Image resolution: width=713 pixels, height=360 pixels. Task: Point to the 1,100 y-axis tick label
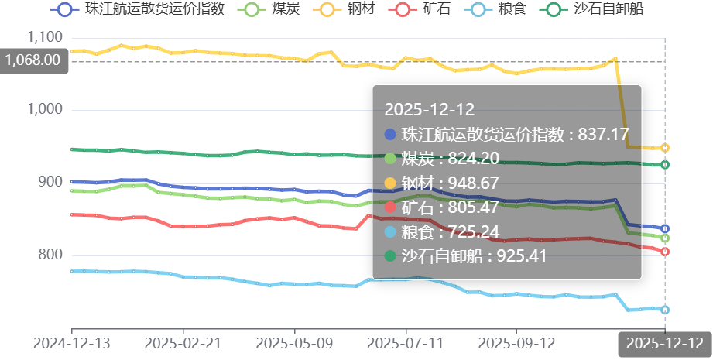tap(44, 37)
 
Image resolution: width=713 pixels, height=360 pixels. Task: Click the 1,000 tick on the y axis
tap(44, 110)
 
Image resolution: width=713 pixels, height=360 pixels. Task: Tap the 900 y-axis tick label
tap(50, 183)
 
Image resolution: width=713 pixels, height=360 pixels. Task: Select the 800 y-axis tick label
tap(50, 255)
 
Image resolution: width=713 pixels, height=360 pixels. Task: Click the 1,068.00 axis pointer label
tap(33, 61)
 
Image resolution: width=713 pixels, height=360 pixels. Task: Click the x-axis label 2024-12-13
tap(72, 342)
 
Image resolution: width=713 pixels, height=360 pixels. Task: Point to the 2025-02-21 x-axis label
tap(183, 342)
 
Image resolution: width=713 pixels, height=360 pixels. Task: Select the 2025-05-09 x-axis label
tap(294, 342)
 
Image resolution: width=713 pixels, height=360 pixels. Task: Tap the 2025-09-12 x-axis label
tap(516, 342)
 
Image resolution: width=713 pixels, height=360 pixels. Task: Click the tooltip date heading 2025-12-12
tap(429, 109)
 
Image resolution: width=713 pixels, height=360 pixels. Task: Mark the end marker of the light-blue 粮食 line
tap(665, 310)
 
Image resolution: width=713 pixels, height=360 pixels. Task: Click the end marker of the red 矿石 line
tap(665, 252)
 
